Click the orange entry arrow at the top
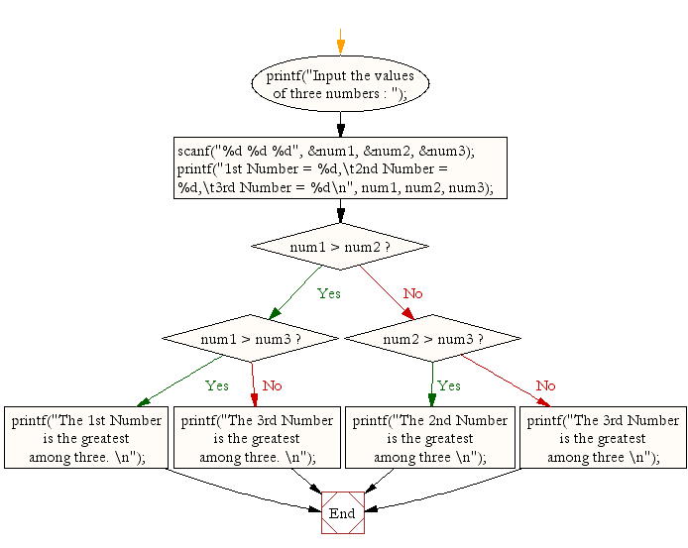coord(340,45)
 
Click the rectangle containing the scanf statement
coord(340,168)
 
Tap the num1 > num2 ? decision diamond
coord(340,246)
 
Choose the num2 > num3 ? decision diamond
coord(431,339)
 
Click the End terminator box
coord(342,512)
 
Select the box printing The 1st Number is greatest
coord(87,438)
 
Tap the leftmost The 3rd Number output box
coord(257,438)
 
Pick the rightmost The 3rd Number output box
coord(602,438)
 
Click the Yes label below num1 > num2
coord(328,293)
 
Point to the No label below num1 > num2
coord(412,293)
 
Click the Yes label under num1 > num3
coord(216,385)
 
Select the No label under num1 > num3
coord(272,385)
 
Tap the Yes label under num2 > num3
coord(448,385)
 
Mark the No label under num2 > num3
coord(545,385)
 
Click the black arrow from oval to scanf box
coord(340,124)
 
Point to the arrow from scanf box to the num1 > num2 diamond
coord(340,212)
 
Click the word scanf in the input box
coord(195,152)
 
